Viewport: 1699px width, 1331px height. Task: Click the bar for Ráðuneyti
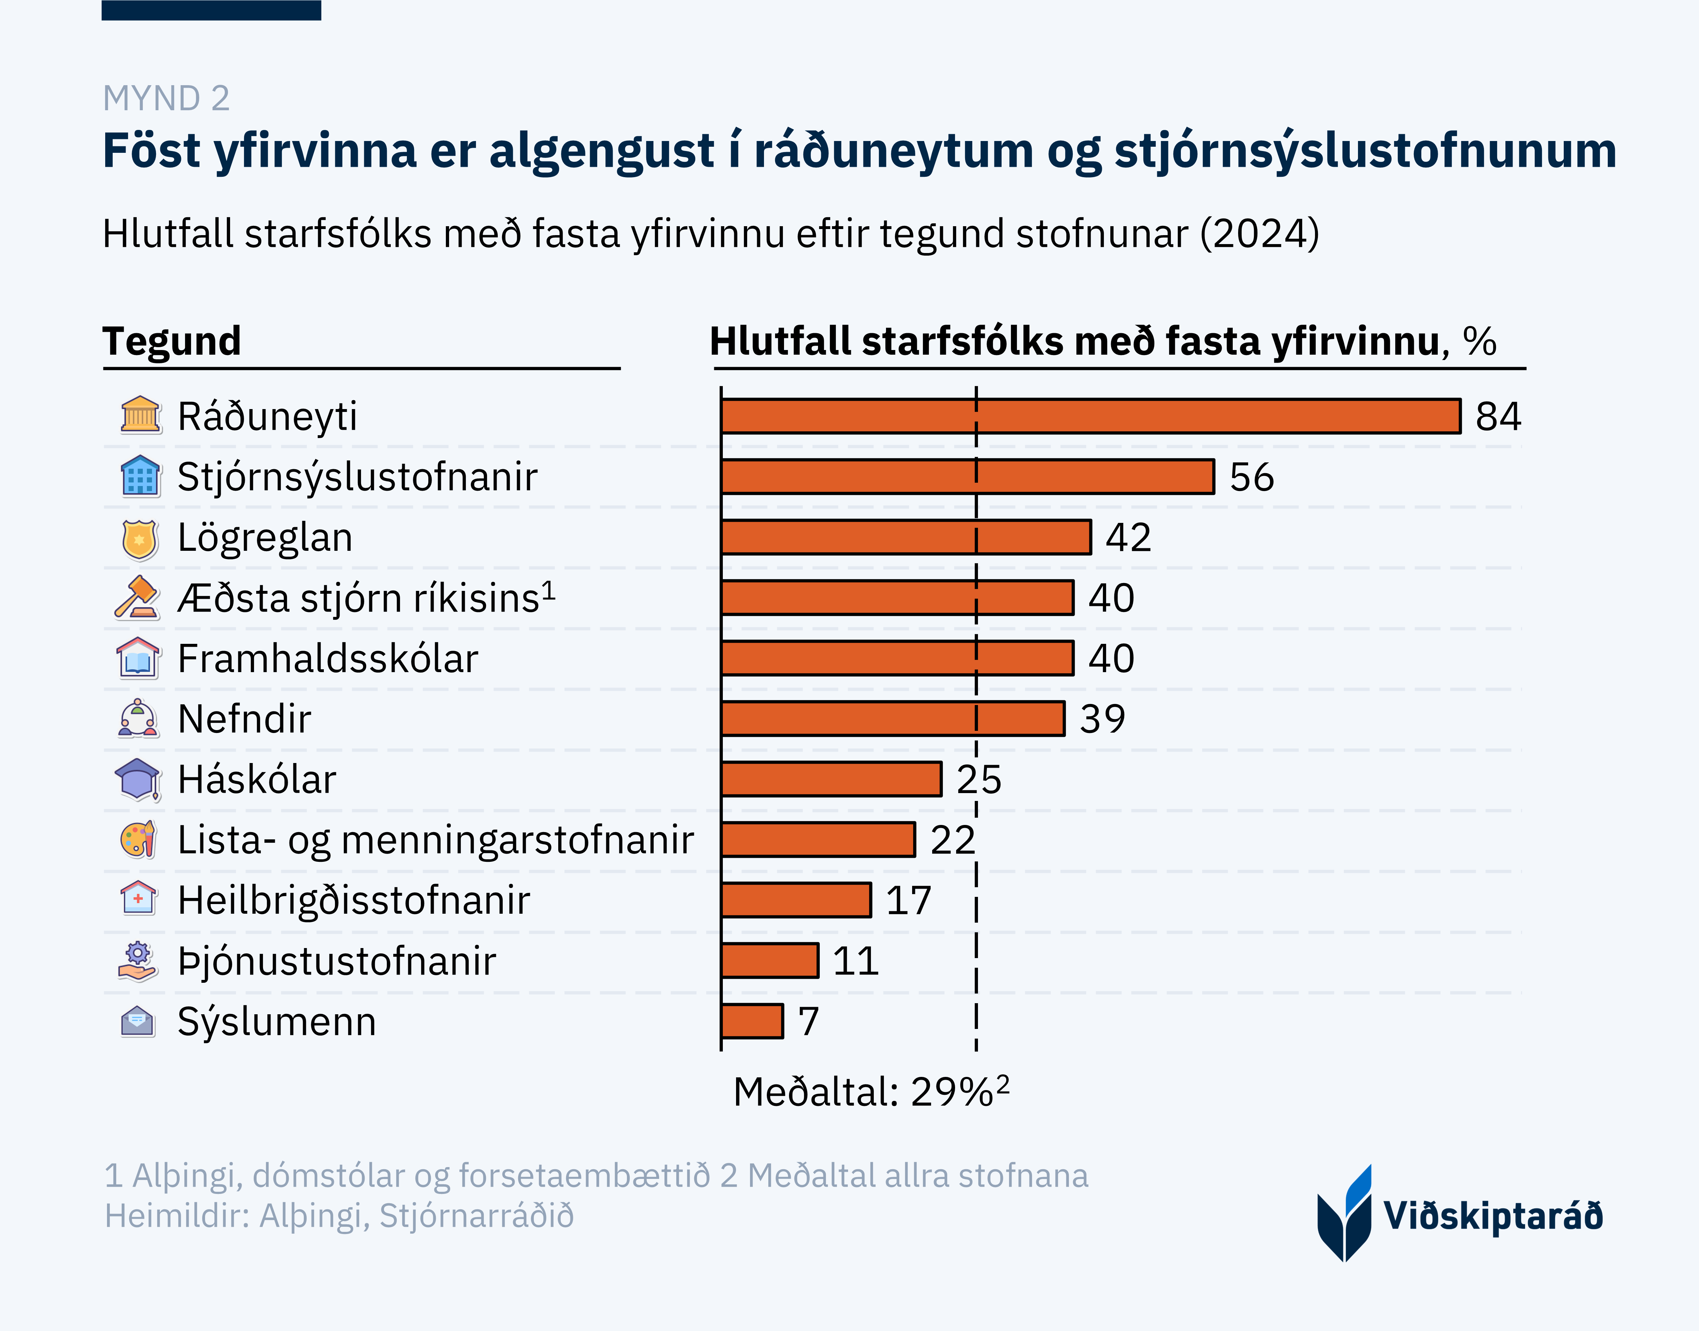coord(1091,416)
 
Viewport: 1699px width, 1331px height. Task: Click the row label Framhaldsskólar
coord(327,659)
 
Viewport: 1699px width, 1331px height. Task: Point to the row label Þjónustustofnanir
coord(336,961)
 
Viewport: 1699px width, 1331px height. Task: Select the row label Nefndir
coord(244,719)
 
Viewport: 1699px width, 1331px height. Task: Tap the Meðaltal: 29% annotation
coord(870,1091)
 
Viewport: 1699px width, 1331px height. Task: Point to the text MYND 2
coord(166,98)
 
